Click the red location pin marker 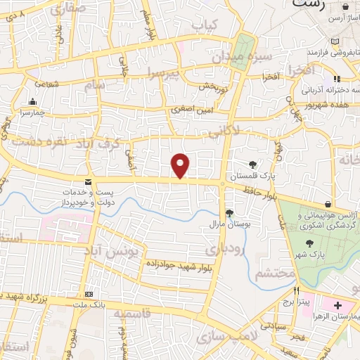[x=181, y=165]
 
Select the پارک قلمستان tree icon [x=252, y=165]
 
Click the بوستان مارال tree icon [x=229, y=213]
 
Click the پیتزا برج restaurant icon [x=297, y=290]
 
